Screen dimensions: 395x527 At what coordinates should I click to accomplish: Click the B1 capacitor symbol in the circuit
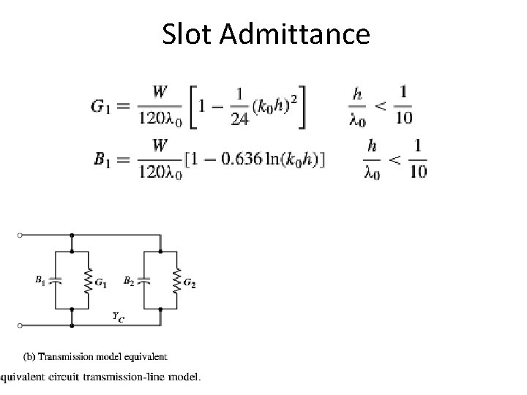coord(57,280)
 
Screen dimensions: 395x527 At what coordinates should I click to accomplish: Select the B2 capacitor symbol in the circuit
coord(145,280)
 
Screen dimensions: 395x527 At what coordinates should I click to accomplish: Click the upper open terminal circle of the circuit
coord(20,236)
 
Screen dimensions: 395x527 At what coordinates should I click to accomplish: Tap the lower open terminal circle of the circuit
coord(20,324)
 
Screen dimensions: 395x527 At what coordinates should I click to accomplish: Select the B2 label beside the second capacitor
coord(128,279)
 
